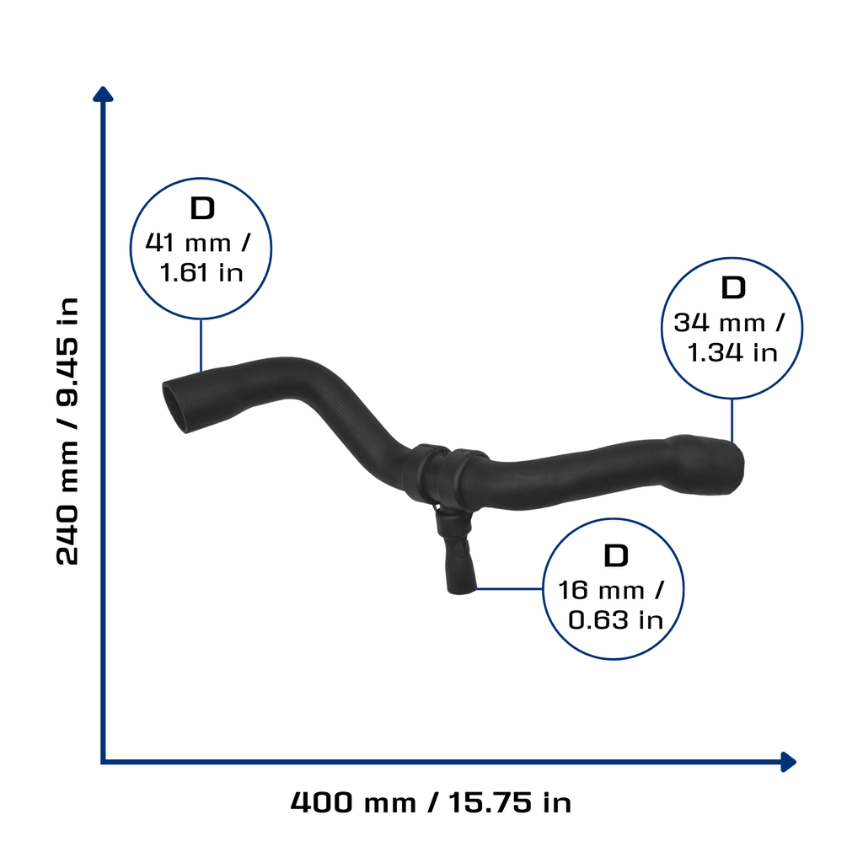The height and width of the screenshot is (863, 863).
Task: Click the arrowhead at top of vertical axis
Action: pos(103,94)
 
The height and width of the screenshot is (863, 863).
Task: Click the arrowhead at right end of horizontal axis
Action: pos(789,762)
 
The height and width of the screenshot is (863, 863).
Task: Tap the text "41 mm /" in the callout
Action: pos(198,243)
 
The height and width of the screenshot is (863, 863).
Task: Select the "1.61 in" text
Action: pos(201,273)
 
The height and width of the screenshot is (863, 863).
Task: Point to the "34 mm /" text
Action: pos(729,323)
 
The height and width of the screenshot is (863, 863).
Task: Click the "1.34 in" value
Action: pos(732,353)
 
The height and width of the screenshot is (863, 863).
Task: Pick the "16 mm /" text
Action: pos(612,591)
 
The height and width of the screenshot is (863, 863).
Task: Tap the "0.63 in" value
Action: pos(615,620)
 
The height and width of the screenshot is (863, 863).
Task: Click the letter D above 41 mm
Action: pos(202,209)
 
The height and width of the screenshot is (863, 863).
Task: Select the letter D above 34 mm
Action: pos(733,288)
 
